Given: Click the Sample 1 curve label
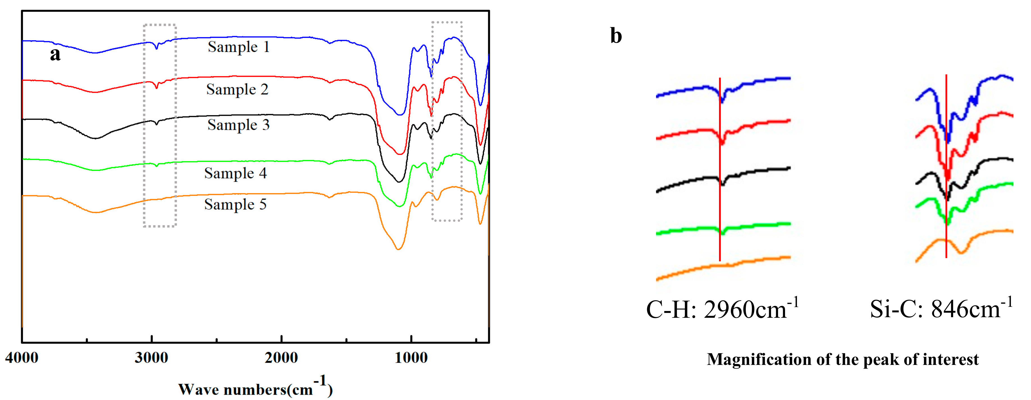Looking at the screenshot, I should click(239, 47).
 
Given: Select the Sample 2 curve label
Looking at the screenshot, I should click(237, 89).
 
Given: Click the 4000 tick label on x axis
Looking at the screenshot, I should click(22, 357).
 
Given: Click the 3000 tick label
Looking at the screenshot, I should click(151, 357).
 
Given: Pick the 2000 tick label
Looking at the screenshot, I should click(281, 357).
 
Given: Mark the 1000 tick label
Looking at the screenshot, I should click(411, 357).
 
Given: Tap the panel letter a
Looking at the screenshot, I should click(55, 54).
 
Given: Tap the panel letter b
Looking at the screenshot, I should click(616, 36).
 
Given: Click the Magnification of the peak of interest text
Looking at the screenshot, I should click(843, 359).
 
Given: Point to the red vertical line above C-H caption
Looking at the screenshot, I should click(720, 208).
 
